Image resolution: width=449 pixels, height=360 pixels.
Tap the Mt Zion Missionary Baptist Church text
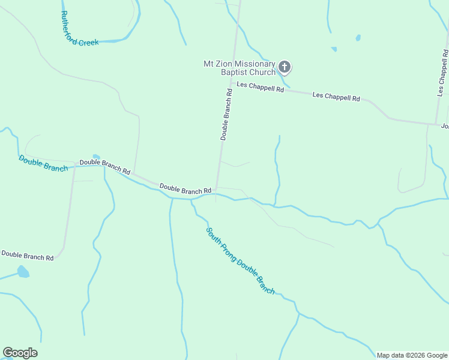[240, 68]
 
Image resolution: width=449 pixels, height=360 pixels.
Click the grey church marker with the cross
[285, 67]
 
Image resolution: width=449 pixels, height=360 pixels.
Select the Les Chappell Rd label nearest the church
[260, 88]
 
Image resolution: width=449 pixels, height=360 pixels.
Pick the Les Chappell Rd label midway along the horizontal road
[336, 97]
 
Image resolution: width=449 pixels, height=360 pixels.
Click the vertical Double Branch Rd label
[226, 115]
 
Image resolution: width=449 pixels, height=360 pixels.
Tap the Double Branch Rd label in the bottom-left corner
[27, 256]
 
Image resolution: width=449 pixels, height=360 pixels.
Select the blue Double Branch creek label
[43, 163]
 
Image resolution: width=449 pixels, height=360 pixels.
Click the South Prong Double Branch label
[240, 260]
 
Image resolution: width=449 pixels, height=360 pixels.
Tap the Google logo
[20, 353]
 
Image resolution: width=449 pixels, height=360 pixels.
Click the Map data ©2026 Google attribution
[412, 355]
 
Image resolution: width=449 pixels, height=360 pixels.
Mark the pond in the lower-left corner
[23, 272]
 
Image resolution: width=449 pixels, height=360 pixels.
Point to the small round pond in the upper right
[358, 38]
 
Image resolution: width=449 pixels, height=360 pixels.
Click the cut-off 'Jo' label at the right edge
[445, 126]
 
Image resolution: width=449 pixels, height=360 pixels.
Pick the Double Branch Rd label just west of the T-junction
[185, 189]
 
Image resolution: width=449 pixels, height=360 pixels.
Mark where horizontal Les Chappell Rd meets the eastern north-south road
[437, 124]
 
